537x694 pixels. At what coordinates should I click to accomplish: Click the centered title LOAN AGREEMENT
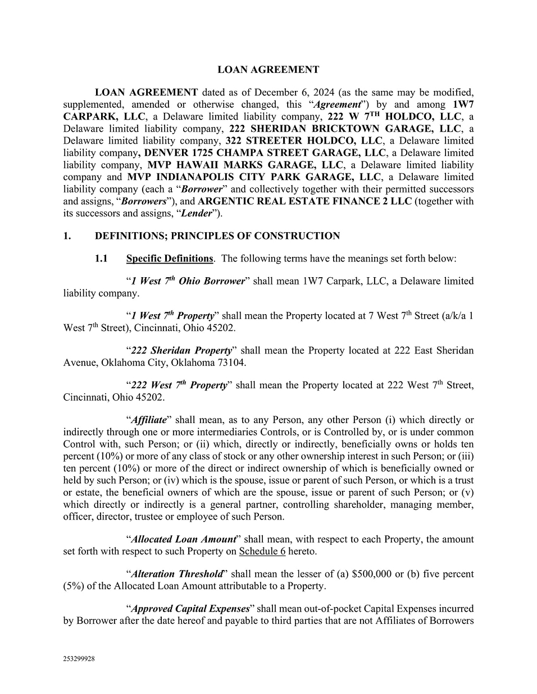coord(268,70)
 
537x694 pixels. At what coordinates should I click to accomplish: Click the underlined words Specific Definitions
coord(170,259)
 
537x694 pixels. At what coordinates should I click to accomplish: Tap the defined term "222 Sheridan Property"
coord(181,351)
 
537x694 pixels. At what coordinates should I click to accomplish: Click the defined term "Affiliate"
coord(149,420)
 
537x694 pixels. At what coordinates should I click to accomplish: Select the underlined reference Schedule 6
coord(262,551)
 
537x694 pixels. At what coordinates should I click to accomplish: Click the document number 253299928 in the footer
coord(79,659)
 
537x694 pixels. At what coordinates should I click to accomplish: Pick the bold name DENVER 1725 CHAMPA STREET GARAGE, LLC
coord(266,153)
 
